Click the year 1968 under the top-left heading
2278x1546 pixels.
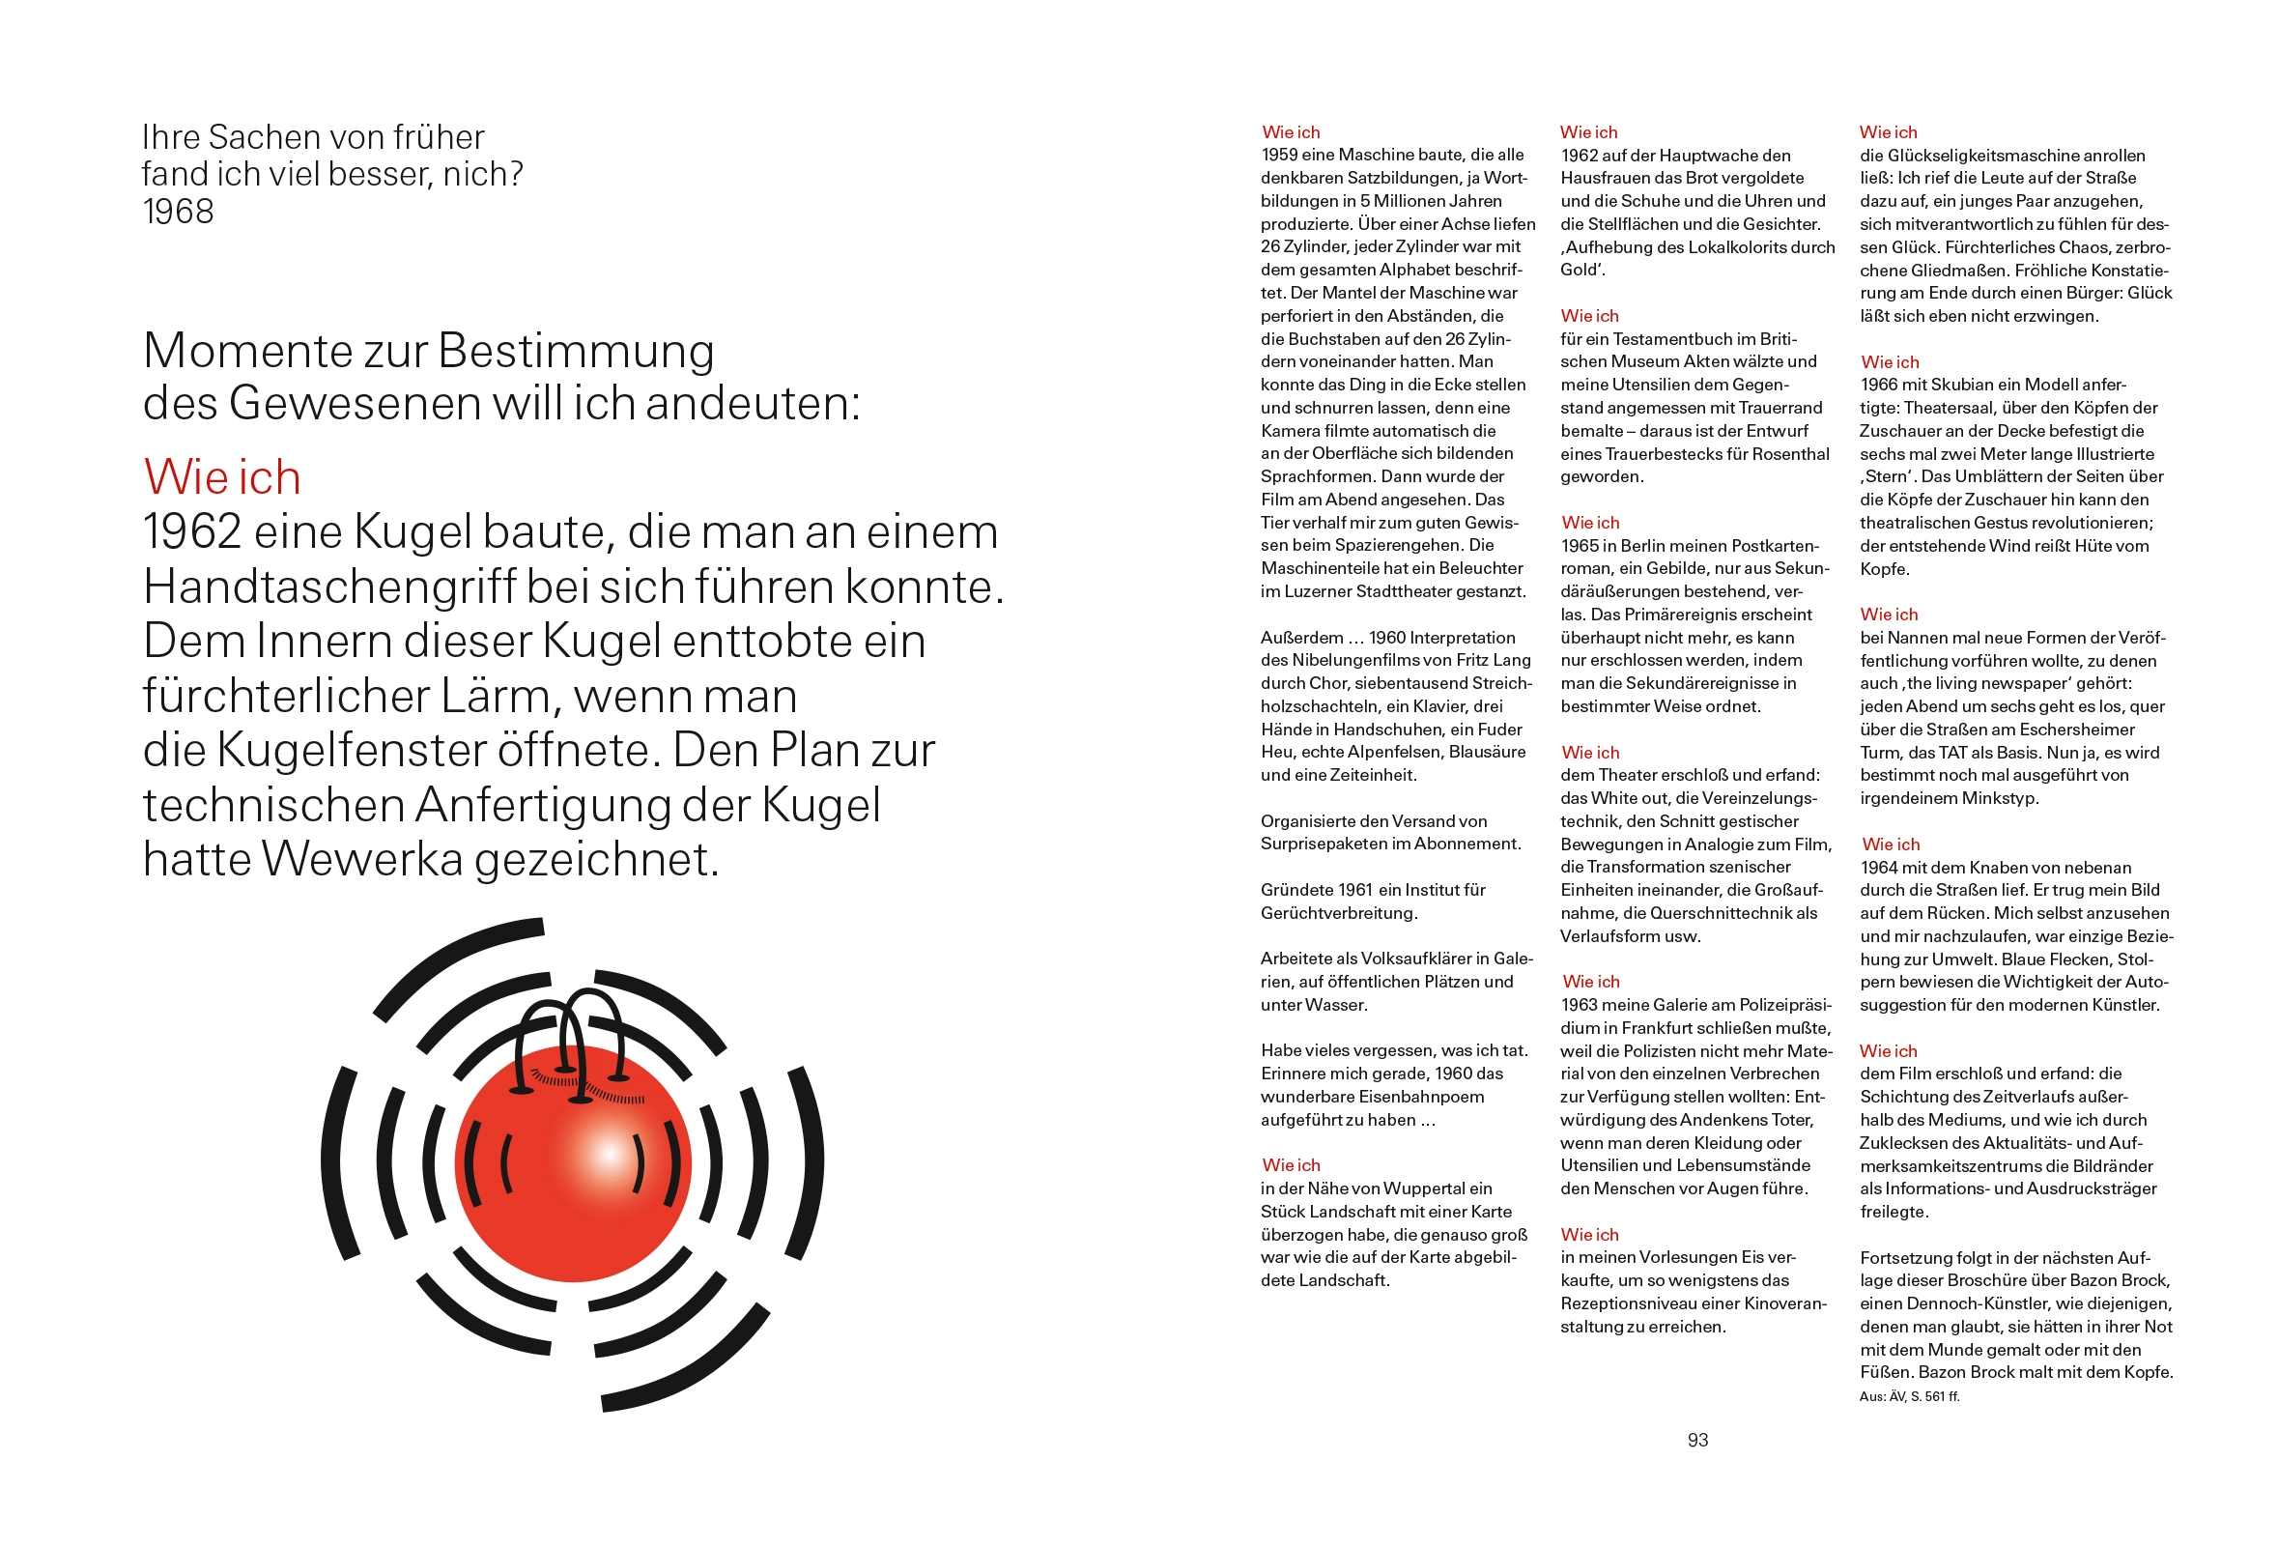point(178,212)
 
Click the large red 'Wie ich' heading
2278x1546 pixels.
point(221,477)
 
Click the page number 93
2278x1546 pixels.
point(1697,1440)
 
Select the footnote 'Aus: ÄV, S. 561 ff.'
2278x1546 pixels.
point(1908,1396)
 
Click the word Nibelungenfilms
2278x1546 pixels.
point(1364,661)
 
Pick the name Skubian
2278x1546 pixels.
point(1961,386)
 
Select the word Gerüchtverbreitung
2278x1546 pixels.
point(1339,914)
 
